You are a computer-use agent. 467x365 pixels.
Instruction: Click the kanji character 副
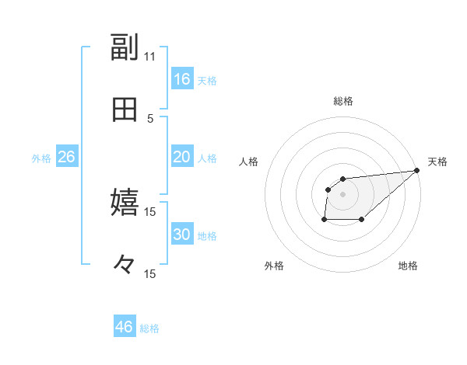pos(125,48)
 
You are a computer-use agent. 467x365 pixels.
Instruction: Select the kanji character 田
pos(125,110)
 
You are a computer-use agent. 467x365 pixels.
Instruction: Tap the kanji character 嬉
pos(125,203)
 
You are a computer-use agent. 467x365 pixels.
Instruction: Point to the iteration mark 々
pos(125,266)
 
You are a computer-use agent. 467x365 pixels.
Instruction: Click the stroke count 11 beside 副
pos(149,57)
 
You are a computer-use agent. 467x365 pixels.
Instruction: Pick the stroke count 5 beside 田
pos(150,118)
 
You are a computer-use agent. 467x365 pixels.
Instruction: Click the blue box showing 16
pos(181,79)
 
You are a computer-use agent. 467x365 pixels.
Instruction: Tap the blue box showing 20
pos(181,157)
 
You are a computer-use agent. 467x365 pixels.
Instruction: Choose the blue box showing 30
pos(181,235)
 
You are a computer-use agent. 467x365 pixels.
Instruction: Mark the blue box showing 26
pos(66,157)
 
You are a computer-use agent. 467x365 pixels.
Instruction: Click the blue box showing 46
pos(124,327)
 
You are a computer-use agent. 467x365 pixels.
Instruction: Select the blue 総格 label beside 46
pos(149,328)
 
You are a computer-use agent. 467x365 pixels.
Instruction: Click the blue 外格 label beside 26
pos(41,158)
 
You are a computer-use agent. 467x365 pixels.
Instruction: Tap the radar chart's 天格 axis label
pos(437,162)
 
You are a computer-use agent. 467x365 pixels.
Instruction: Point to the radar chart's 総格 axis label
pos(342,101)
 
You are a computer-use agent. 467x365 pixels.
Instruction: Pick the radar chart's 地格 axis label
pos(408,266)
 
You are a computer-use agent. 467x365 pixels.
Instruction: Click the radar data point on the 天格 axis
pos(417,170)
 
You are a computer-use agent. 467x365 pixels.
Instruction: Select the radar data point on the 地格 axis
pos(362,220)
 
